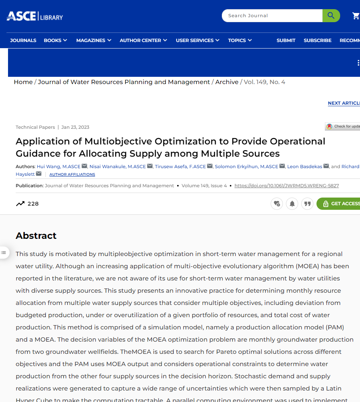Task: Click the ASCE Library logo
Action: click(35, 16)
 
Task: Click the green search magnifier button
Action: click(331, 16)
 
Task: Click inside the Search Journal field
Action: click(272, 16)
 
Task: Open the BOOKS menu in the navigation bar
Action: click(55, 41)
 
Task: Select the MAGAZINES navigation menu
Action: click(94, 41)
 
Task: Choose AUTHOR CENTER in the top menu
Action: click(143, 41)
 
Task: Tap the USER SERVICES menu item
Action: click(197, 41)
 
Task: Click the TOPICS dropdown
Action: click(240, 41)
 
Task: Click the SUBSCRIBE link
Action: click(317, 41)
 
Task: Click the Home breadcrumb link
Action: click(23, 82)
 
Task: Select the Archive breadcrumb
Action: click(227, 82)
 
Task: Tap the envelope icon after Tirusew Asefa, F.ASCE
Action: click(210, 166)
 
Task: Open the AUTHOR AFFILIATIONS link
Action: click(72, 175)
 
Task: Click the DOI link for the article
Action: click(286, 186)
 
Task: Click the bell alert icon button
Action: click(292, 204)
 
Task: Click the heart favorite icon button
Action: click(277, 204)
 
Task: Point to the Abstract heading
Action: click(36, 236)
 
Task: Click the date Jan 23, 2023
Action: click(75, 127)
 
